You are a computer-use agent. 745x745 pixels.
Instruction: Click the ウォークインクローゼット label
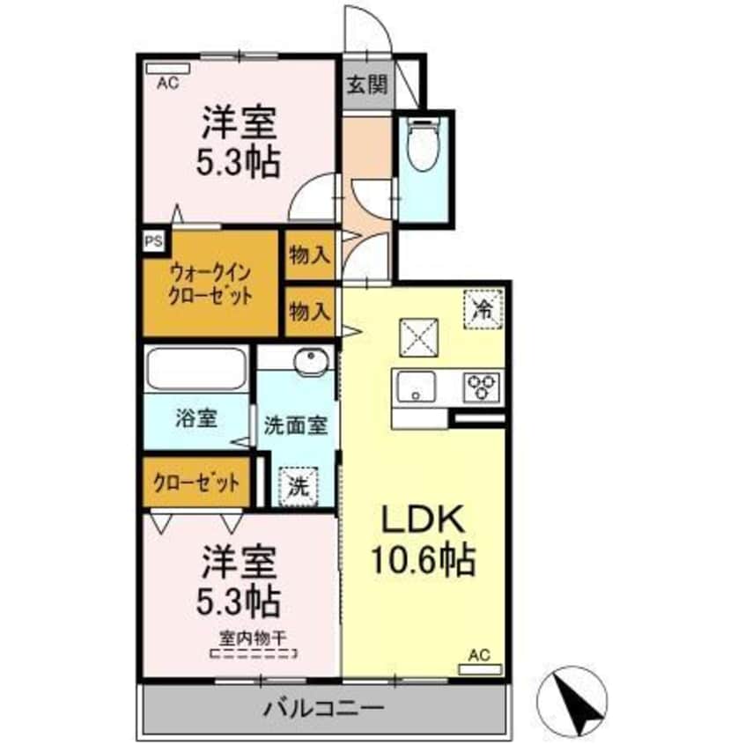point(211,283)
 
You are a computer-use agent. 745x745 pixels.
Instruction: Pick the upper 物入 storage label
point(310,255)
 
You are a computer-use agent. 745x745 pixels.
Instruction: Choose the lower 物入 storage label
point(310,310)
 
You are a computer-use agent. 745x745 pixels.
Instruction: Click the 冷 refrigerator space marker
point(483,308)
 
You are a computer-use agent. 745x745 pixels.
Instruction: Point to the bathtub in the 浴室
point(195,368)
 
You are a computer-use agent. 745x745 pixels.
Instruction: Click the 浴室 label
point(195,419)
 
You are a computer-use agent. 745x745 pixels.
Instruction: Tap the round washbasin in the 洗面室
point(311,361)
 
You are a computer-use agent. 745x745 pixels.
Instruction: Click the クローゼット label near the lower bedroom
point(195,482)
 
